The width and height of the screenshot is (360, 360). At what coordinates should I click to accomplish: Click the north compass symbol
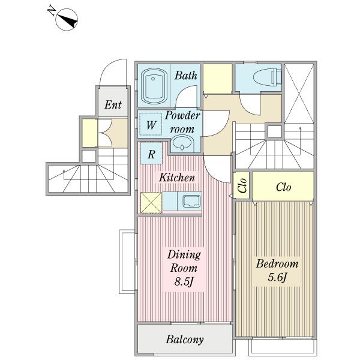point(67,20)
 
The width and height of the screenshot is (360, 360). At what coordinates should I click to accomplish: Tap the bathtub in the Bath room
point(154,86)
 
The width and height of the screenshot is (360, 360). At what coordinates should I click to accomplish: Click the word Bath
point(185,76)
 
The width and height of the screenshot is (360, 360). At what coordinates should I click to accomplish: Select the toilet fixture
point(267,77)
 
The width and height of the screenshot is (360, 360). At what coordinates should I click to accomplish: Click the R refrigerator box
point(151,153)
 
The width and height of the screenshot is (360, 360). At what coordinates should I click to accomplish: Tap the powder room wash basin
point(182,143)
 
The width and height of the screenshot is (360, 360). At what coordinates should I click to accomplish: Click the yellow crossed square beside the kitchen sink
point(151,203)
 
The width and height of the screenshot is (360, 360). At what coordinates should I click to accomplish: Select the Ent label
point(113,104)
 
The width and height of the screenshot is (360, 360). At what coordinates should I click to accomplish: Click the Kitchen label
point(177,178)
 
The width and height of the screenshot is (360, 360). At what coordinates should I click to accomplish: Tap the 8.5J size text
point(183,282)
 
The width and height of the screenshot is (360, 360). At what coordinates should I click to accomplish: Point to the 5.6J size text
point(277,277)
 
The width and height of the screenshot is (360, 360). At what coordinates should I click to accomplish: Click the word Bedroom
point(277,264)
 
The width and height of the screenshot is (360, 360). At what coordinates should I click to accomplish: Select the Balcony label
point(185,340)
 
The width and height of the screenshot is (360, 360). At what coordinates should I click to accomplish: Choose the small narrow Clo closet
point(242,185)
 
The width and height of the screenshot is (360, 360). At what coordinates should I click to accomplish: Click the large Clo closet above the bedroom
point(283,186)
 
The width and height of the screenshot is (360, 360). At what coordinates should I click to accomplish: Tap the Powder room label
point(182,122)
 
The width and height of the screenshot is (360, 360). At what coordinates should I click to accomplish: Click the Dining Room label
point(184,261)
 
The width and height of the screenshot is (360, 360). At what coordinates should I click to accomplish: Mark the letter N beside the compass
point(52,11)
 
